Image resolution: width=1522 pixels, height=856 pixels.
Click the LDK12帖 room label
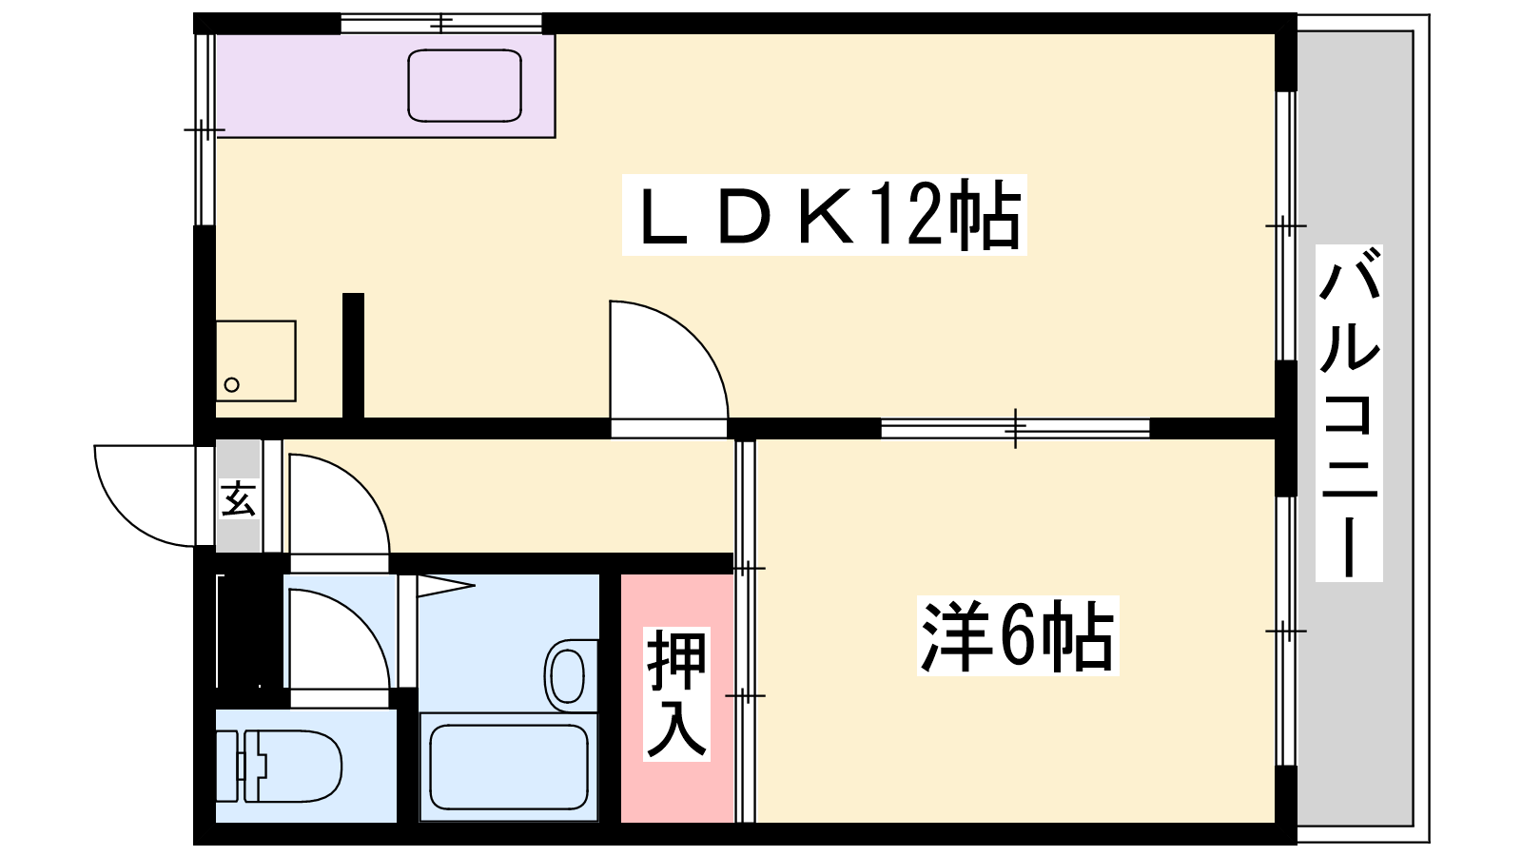824,215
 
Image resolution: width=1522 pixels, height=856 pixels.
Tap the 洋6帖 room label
1017,636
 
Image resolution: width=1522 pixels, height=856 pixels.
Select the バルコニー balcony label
1348,413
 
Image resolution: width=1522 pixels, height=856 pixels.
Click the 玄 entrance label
238,498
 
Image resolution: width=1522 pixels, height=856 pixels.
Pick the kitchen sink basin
464,86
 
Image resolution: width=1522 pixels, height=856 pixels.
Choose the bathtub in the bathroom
508,767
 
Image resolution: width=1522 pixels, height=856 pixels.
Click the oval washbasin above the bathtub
567,673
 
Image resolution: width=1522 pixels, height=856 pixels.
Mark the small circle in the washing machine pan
231,385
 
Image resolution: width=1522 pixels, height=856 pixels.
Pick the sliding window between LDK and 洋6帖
1015,428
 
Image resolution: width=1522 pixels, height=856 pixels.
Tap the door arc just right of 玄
338,504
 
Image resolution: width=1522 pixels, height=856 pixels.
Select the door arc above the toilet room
338,637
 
